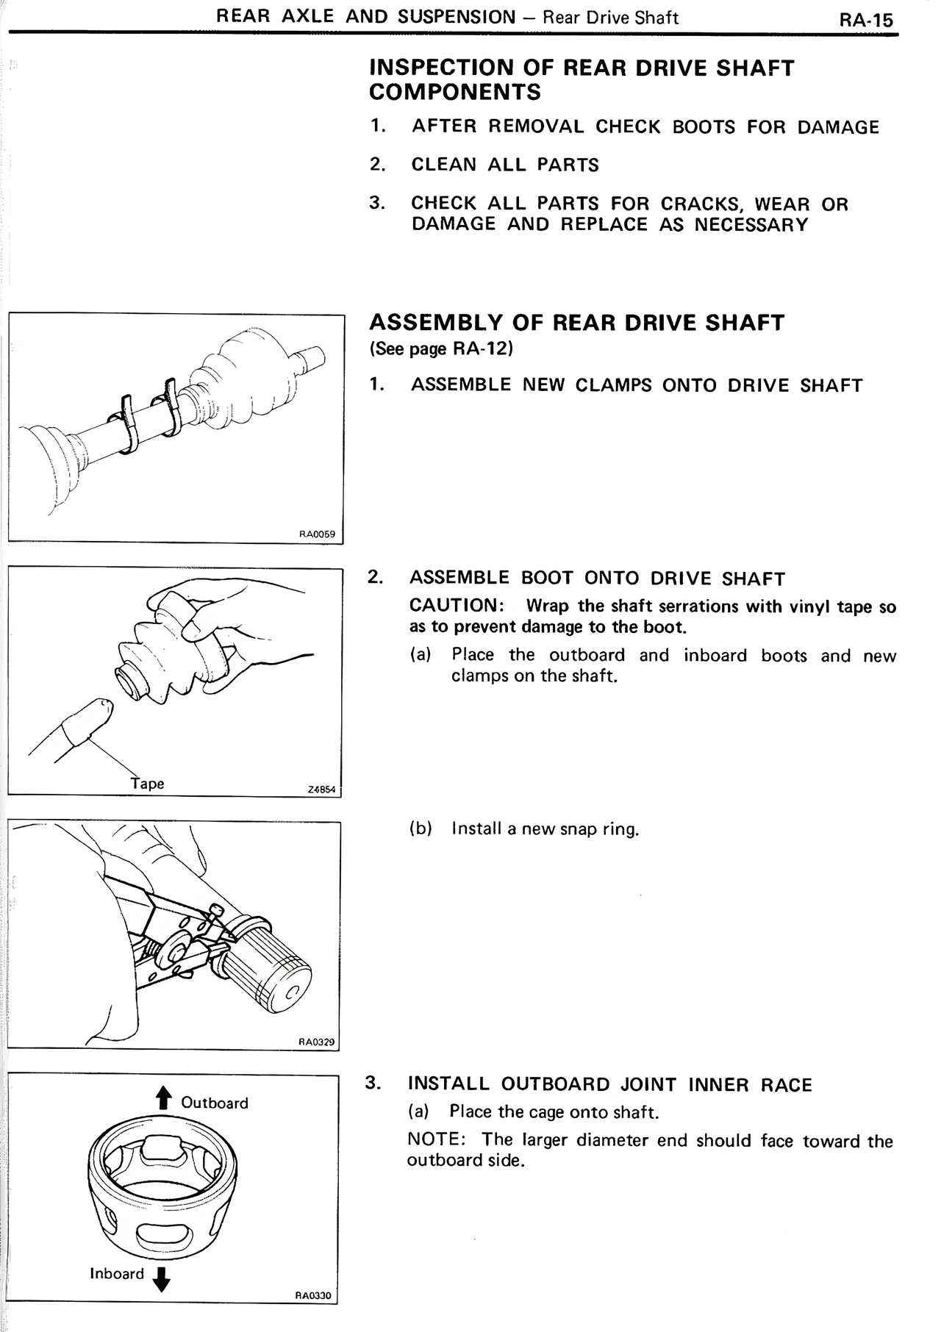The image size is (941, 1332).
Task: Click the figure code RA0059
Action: (317, 534)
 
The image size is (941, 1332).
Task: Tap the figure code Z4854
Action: (321, 789)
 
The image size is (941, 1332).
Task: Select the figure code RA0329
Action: (316, 1041)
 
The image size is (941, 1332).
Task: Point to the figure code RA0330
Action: (313, 1295)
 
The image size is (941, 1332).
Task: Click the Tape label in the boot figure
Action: (147, 784)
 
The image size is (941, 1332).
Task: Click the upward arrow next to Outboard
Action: (163, 1098)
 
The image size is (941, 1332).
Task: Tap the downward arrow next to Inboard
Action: (162, 1279)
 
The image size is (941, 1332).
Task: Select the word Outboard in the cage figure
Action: (215, 1103)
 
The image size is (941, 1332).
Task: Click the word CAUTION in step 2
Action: (454, 606)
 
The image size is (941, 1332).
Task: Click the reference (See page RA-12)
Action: (441, 348)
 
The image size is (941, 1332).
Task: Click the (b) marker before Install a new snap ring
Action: (420, 829)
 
